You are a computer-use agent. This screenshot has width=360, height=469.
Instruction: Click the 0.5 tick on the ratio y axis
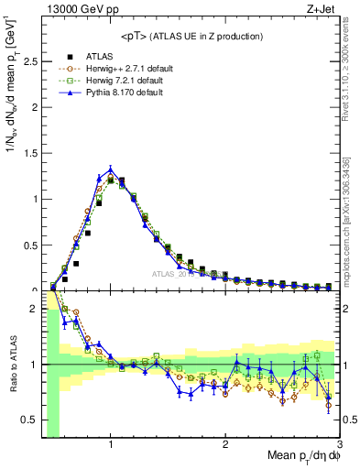(30, 420)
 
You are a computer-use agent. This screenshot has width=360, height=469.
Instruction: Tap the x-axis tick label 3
(338, 445)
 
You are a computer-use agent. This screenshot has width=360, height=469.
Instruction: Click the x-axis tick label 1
(111, 445)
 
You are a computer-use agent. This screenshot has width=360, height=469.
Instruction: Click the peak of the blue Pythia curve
(111, 169)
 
